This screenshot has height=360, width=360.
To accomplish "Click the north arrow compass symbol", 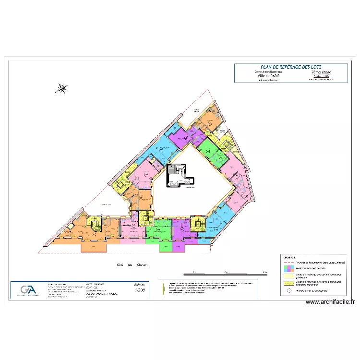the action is [x=61, y=88].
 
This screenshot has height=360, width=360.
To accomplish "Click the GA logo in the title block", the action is [x=28, y=290].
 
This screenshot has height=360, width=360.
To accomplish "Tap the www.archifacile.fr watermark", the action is [x=330, y=302].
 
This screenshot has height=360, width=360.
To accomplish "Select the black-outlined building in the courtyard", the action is [x=180, y=176].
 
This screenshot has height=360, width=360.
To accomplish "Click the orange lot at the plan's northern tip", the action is [x=209, y=120].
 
